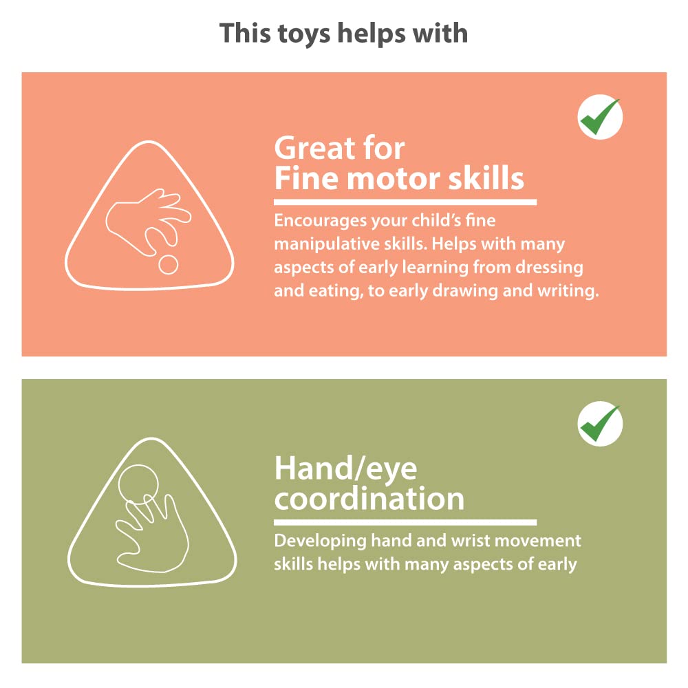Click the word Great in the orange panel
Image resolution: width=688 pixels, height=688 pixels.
click(312, 148)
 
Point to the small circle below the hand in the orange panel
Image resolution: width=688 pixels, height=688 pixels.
click(168, 265)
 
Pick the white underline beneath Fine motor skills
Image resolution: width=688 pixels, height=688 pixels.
click(405, 202)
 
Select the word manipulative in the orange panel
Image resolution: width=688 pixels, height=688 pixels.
click(327, 244)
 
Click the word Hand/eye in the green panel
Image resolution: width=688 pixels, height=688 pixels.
click(346, 469)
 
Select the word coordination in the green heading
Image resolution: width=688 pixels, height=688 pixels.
click(369, 499)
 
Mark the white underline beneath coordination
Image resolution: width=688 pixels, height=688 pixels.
click(405, 522)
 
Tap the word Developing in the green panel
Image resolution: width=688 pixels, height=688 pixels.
click(320, 541)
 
